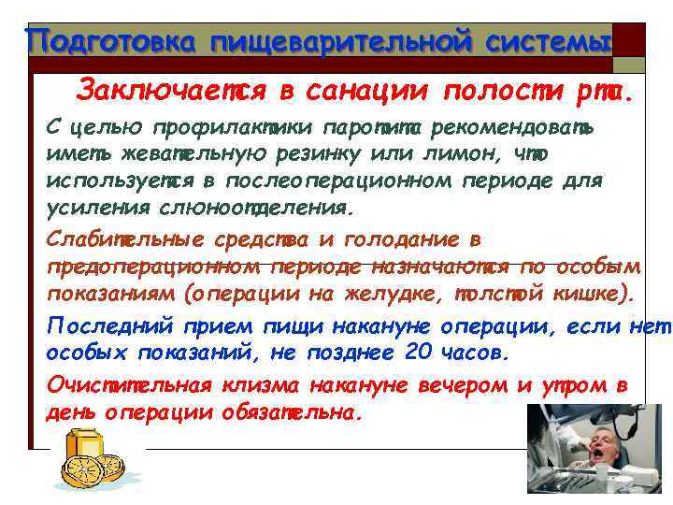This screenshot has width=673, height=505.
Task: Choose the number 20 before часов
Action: (420, 353)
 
